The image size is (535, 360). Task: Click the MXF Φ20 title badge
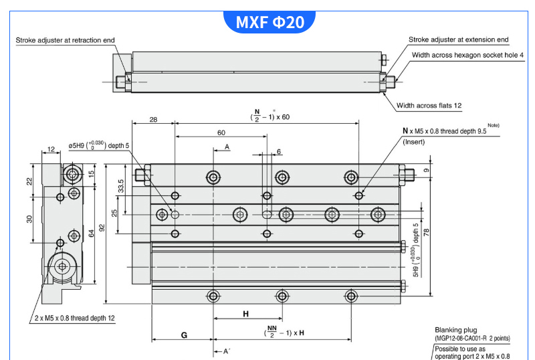coord(270,23)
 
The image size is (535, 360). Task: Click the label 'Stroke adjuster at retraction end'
coord(65,40)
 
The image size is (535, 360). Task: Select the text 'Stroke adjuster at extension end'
coord(458,40)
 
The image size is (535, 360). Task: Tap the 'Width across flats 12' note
coord(429,105)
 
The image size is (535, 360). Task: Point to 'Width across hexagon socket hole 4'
coord(467,55)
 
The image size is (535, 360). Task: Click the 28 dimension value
coord(153,119)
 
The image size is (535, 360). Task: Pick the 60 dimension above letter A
coord(221,132)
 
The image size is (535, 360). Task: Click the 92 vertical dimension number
coord(102,228)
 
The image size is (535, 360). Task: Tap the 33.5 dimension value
coord(121,185)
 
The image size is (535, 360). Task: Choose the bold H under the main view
coord(245,313)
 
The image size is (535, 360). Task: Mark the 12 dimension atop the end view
coord(52,150)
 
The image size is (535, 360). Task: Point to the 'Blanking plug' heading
coord(455,329)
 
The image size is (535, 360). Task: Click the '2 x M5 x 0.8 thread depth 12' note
coord(75,319)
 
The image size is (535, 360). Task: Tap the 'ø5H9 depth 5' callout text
coord(100,145)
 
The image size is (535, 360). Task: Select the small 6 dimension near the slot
coord(278,151)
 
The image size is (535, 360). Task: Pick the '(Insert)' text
coord(415,142)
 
